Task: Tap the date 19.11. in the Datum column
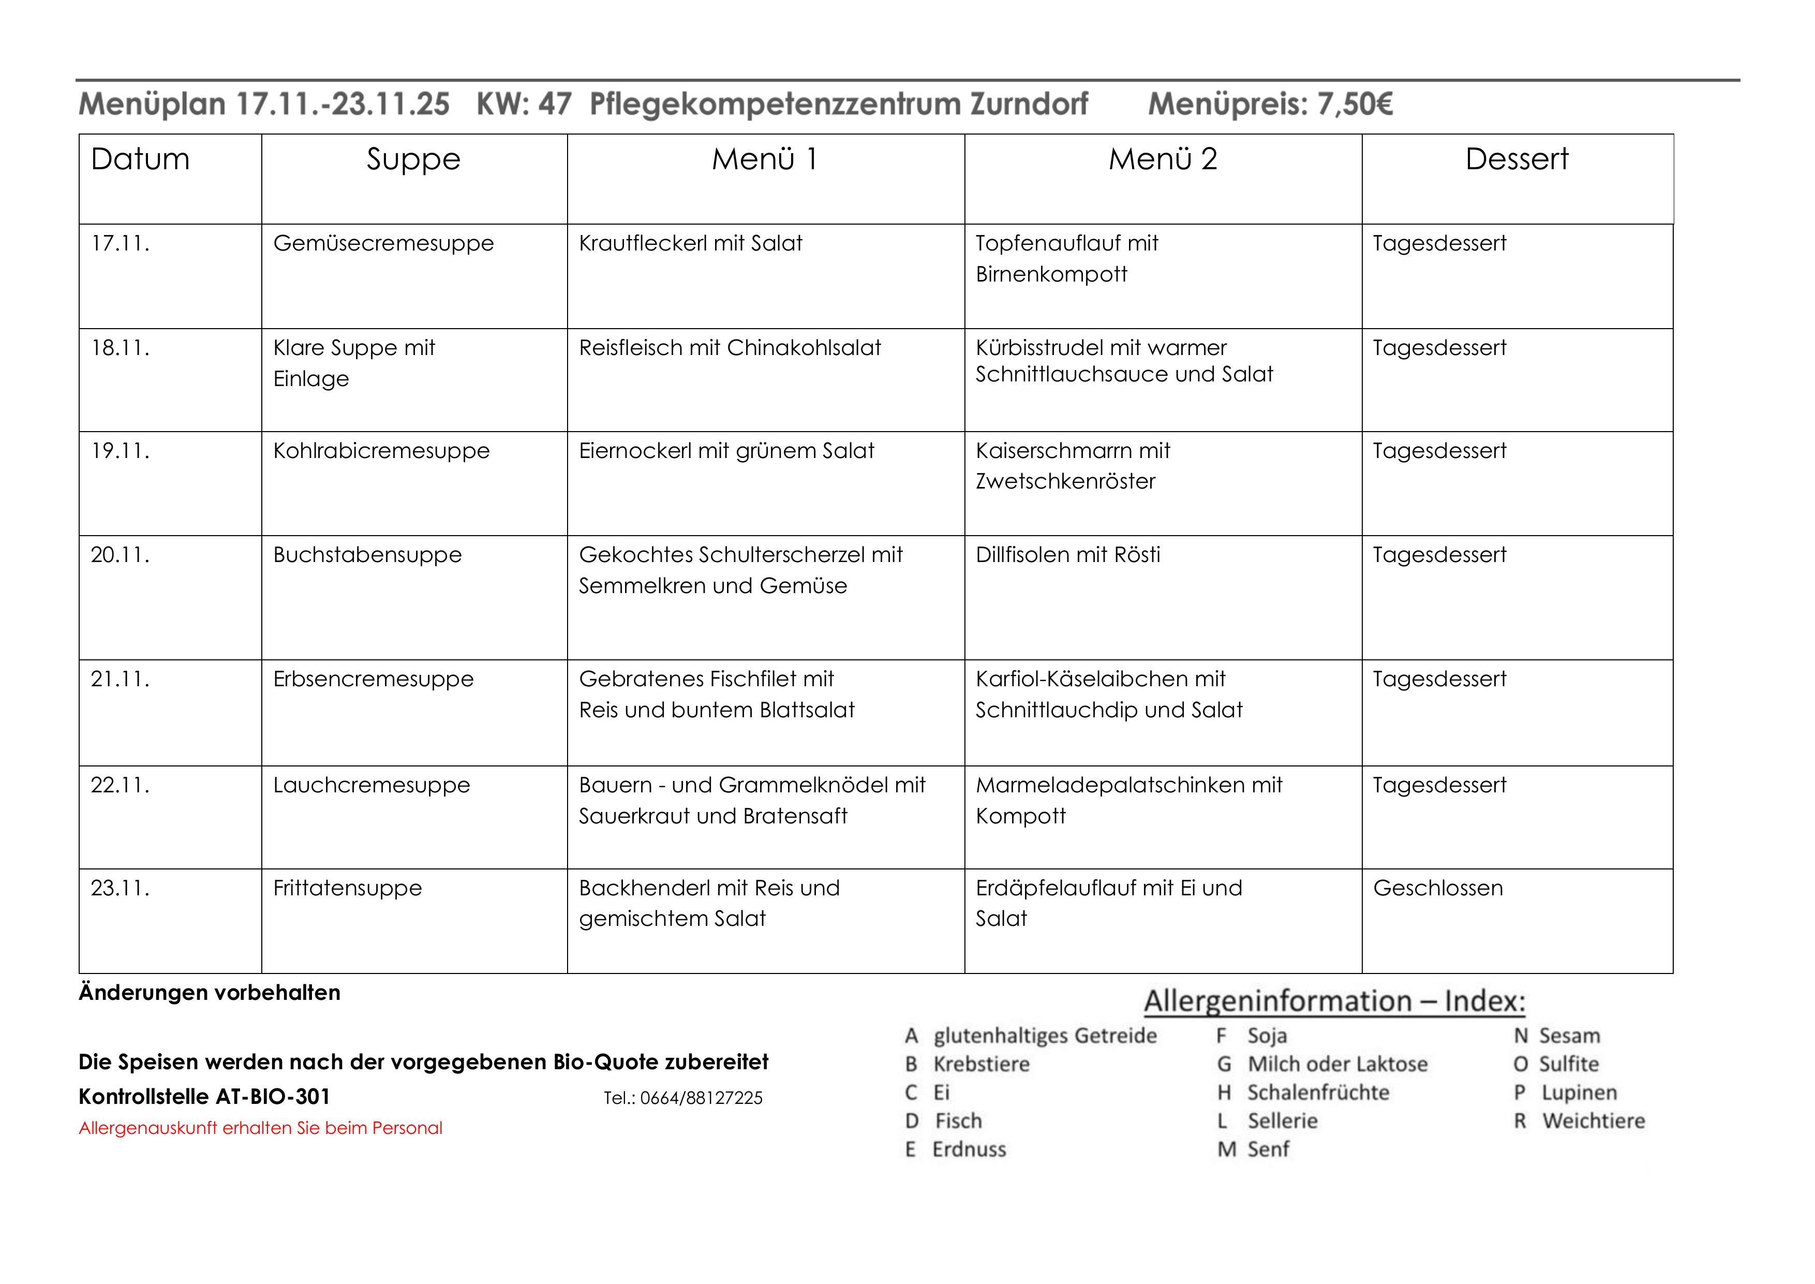[120, 451]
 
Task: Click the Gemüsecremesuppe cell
[383, 244]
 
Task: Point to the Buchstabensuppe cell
[367, 555]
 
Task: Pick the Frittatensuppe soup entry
[347, 888]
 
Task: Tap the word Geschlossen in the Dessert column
[1437, 888]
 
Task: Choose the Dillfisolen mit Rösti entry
[1067, 555]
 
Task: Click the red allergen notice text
[260, 1128]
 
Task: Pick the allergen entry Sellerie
[1282, 1121]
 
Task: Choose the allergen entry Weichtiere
[1593, 1121]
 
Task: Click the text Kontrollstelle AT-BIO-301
[204, 1097]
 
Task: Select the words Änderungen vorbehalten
[210, 993]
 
